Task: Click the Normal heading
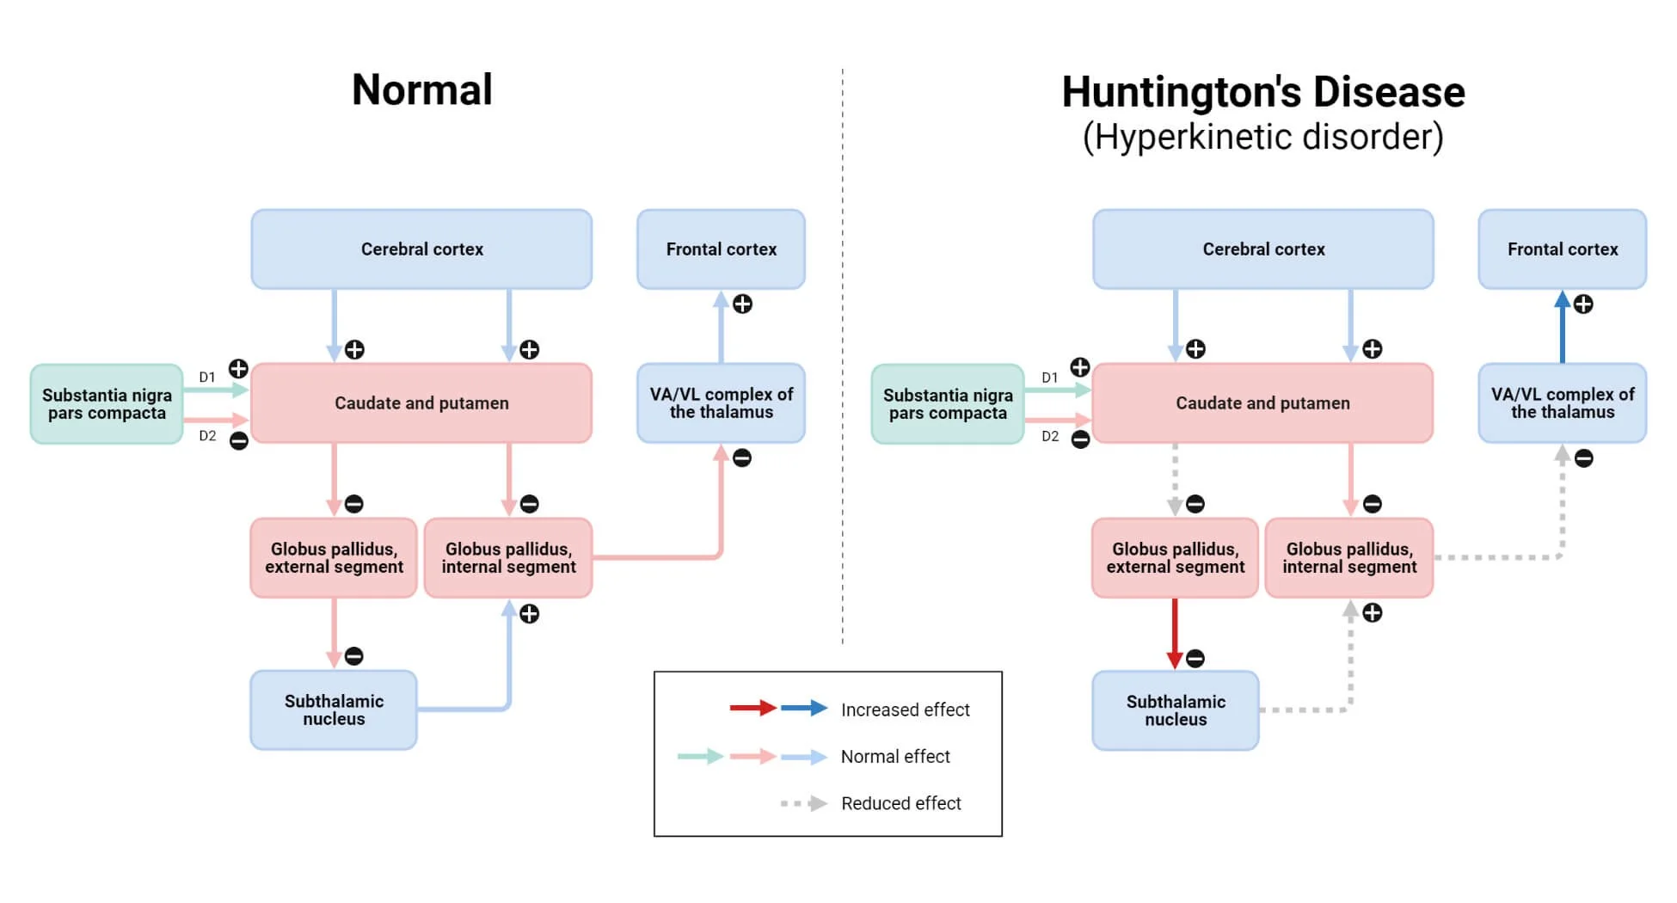[x=422, y=89]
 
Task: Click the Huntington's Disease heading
[x=1263, y=92]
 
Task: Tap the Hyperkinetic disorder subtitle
[x=1263, y=137]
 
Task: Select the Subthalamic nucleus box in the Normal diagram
[x=334, y=710]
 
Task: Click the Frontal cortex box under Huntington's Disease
[x=1563, y=249]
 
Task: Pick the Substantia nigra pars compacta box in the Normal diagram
[x=107, y=404]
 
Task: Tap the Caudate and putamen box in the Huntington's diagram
[x=1262, y=403]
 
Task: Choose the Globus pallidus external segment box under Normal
[x=334, y=558]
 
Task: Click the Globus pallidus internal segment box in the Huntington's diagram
[x=1349, y=558]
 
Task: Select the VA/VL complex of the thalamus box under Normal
[x=721, y=403]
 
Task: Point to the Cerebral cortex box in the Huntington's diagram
[x=1263, y=249]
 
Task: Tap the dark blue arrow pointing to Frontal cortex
[x=1563, y=327]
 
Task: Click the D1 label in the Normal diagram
[x=207, y=378]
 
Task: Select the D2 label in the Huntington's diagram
[x=1050, y=436]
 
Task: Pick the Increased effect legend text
[x=905, y=709]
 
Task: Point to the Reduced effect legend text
[x=901, y=803]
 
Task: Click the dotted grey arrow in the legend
[x=804, y=804]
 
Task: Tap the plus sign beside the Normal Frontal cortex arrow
[x=742, y=304]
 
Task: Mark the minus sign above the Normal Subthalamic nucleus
[x=353, y=656]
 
